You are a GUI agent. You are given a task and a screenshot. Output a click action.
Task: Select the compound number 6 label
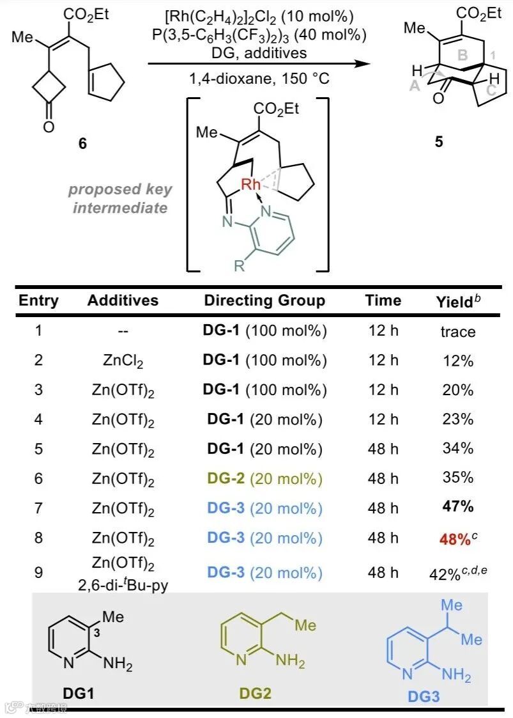click(x=81, y=144)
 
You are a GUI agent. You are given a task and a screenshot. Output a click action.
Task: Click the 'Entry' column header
click(x=38, y=300)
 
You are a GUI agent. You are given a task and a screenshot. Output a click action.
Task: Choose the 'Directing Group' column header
click(x=264, y=300)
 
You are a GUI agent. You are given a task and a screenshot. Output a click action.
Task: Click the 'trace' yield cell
click(x=457, y=331)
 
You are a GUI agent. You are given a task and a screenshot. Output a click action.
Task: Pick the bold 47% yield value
click(x=457, y=507)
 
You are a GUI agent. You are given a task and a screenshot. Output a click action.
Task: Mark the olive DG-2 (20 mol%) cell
click(x=264, y=478)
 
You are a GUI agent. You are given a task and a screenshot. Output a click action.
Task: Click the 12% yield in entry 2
click(x=457, y=361)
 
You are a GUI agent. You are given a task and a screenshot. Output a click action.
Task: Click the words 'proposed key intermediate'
click(x=120, y=198)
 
